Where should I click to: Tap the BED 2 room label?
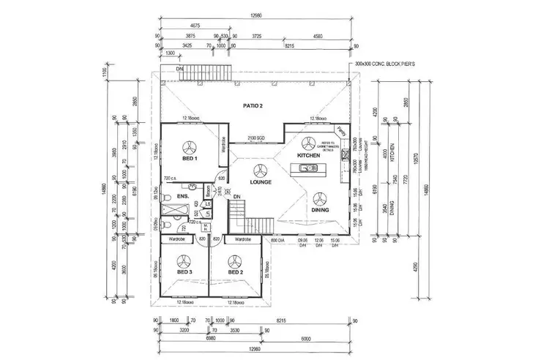tap(235, 272)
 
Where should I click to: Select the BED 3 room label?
tap(184, 272)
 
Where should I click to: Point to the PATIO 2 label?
tap(253, 106)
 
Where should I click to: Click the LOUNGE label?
tap(261, 182)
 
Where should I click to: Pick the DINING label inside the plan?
tap(319, 210)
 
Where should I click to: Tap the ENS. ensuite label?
tap(183, 196)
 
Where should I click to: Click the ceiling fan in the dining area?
tap(319, 196)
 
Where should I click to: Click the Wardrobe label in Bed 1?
tap(221, 145)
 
